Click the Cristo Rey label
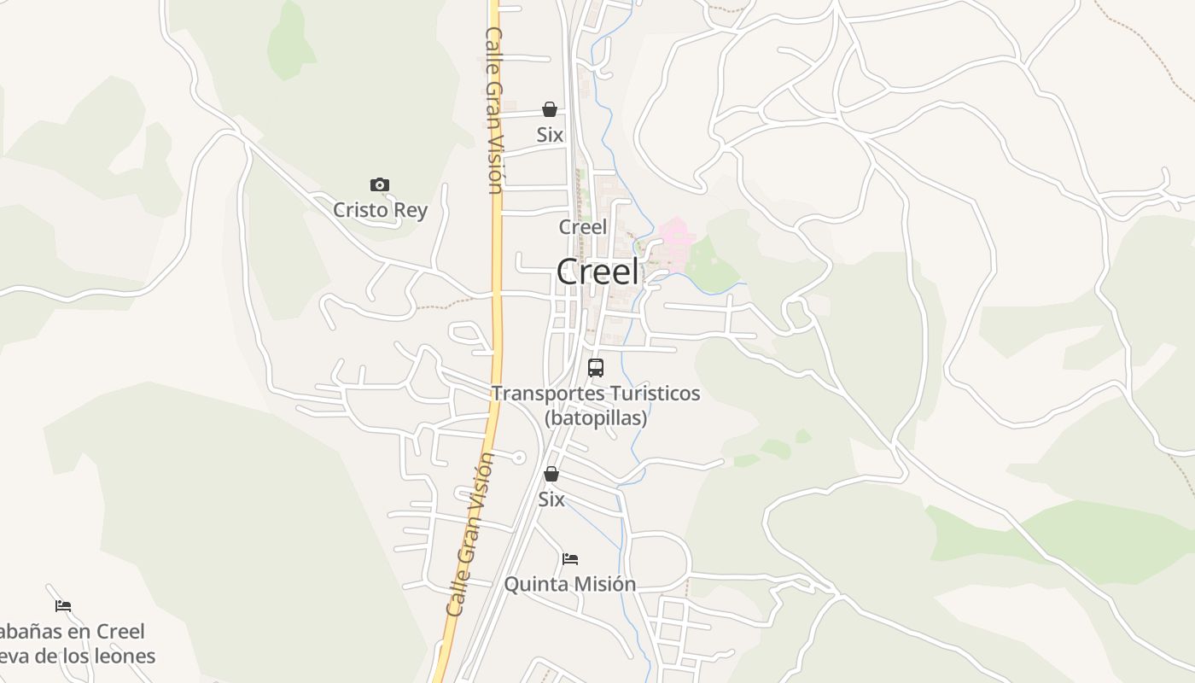point(380,210)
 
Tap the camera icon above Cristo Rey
point(380,184)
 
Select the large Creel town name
point(597,272)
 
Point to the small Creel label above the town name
point(583,227)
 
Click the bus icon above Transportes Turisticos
point(596,368)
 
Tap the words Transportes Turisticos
point(596,394)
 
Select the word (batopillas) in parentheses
point(596,418)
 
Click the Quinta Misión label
point(570,584)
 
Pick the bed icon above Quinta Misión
point(570,559)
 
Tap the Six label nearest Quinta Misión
point(551,499)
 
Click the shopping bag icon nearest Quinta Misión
point(551,474)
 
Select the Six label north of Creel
point(550,135)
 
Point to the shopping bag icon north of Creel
point(550,109)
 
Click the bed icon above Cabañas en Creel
point(63,606)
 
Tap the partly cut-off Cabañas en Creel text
point(73,632)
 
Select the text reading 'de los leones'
point(94,656)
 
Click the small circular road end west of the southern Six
point(518,458)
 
